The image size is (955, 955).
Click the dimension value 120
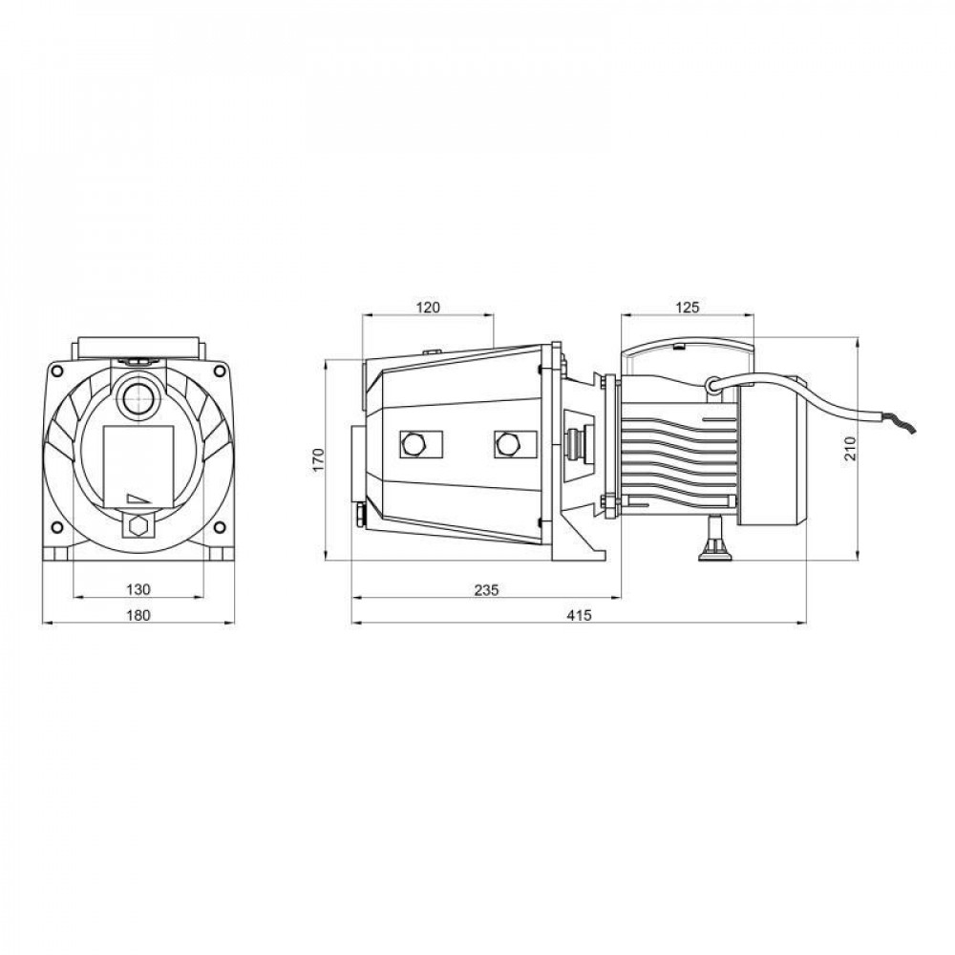[x=428, y=308]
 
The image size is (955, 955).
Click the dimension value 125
[x=688, y=308]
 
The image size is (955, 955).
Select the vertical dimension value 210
[x=850, y=449]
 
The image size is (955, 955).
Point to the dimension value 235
[x=486, y=589]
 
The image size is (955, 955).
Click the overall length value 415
[x=580, y=615]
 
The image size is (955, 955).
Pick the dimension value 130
[x=138, y=589]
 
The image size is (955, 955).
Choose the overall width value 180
[x=138, y=615]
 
